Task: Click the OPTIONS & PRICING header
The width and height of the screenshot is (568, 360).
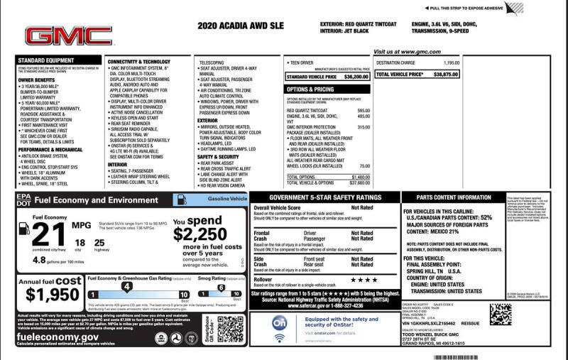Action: pyautogui.click(x=310, y=89)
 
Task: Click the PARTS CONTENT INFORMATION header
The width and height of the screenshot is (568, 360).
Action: pyautogui.click(x=454, y=197)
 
